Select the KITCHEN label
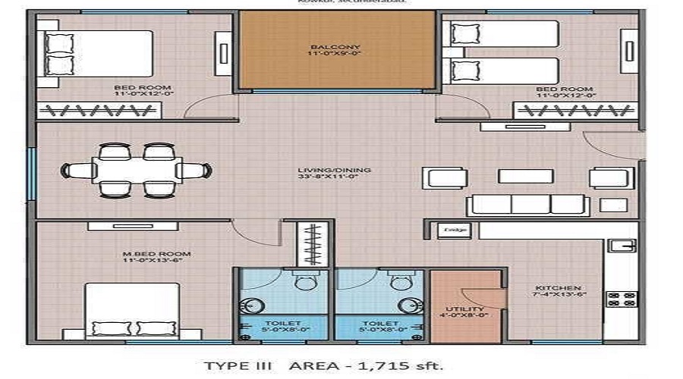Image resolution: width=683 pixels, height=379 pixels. tap(558, 288)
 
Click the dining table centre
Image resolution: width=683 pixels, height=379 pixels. tap(137, 171)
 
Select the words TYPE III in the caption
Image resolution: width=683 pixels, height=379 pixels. tap(240, 366)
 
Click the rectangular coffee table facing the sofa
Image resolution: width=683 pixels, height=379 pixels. tap(525, 176)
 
